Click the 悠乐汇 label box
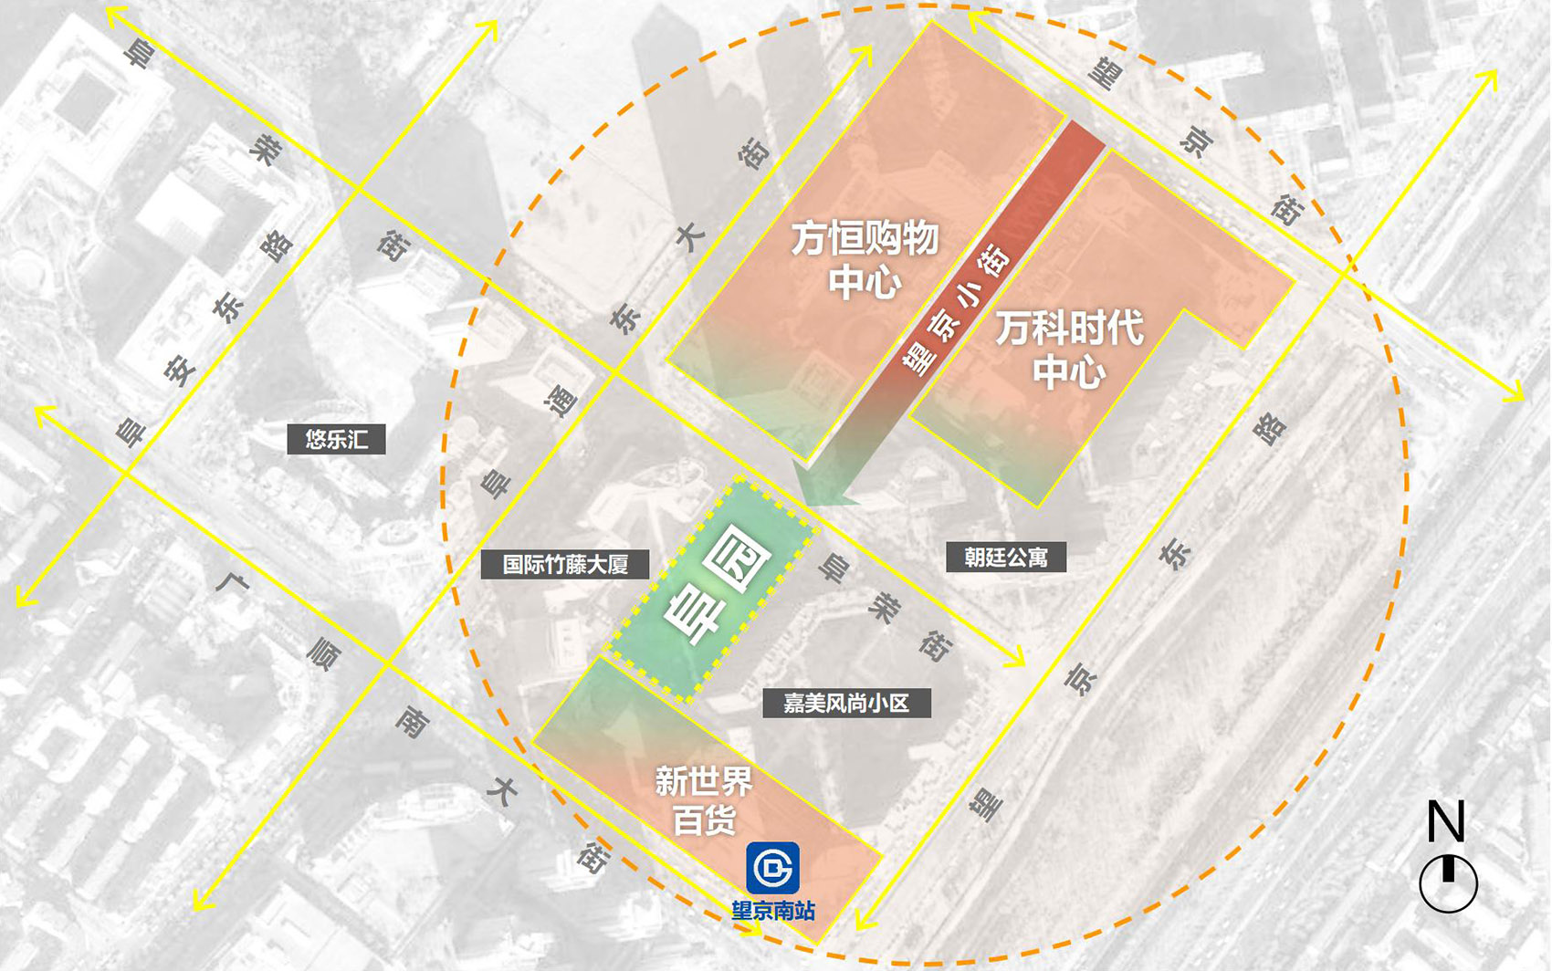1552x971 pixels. pos(336,440)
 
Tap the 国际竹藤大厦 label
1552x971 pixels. pos(565,565)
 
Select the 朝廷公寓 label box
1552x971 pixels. pos(1006,557)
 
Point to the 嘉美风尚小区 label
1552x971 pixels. pos(846,703)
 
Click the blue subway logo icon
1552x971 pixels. pos(773,868)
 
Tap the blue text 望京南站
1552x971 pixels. pos(773,911)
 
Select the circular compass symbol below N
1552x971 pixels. pos(1448,883)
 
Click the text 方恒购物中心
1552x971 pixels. pos(865,259)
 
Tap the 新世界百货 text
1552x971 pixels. pos(704,800)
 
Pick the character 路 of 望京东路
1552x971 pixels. pos(1270,427)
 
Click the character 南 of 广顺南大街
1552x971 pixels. pos(412,722)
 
